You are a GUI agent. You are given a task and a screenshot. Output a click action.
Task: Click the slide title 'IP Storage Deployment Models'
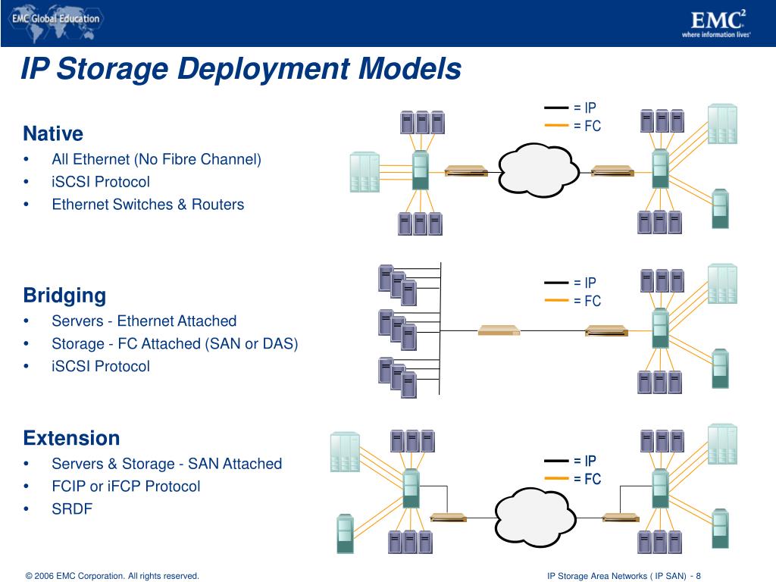click(240, 69)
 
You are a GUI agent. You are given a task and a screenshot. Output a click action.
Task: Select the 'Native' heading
click(53, 134)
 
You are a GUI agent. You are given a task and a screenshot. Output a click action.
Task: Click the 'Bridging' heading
click(64, 295)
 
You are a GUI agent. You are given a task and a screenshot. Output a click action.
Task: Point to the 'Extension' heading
click(71, 438)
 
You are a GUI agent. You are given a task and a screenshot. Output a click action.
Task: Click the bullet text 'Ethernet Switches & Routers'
click(148, 204)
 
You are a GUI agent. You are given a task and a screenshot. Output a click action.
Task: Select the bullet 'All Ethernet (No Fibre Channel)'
click(156, 159)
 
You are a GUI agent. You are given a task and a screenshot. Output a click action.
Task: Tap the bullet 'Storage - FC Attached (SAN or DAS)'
click(174, 343)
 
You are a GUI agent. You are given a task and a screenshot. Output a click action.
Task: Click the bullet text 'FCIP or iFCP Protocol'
click(126, 486)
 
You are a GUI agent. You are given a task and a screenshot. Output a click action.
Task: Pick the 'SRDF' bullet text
click(72, 508)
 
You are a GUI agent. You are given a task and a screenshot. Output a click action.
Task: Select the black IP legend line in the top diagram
click(556, 108)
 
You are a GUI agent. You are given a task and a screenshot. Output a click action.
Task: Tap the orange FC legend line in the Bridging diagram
click(556, 301)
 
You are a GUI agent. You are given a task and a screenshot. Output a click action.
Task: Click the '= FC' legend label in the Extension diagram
click(587, 479)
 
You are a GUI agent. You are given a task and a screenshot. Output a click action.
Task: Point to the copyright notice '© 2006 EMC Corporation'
click(112, 576)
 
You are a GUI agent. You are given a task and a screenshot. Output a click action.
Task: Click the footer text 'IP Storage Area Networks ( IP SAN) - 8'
click(624, 576)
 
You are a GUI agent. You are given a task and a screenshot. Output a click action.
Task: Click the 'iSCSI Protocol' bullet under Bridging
click(101, 366)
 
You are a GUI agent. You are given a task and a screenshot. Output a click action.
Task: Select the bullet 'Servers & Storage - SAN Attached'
click(167, 464)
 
